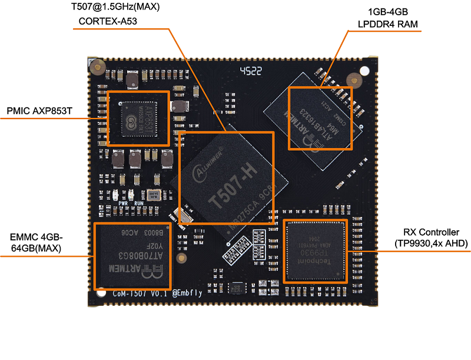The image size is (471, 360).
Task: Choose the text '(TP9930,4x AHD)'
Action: point(431,243)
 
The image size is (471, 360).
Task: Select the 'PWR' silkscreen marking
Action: point(123,203)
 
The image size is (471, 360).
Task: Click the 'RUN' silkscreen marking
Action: point(139,203)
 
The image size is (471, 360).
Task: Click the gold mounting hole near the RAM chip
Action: point(353,80)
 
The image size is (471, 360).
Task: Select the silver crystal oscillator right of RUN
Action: point(154,195)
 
